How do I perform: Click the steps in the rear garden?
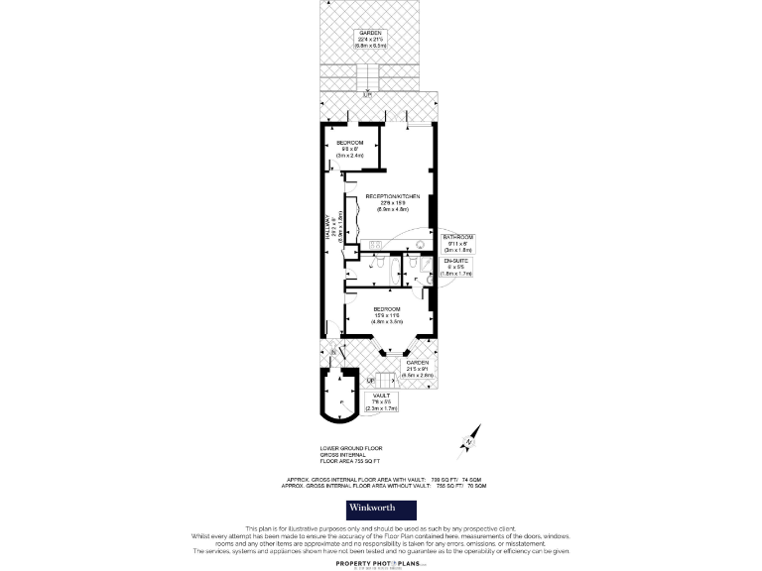(x=368, y=76)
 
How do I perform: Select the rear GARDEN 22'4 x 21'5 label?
(x=369, y=39)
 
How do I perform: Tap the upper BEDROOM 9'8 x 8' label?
(x=351, y=150)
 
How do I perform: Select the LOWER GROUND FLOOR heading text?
(x=349, y=453)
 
